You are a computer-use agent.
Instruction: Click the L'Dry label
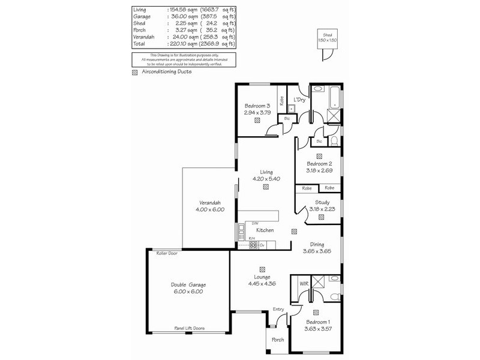click(x=299, y=100)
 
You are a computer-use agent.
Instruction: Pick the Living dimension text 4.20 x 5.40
click(x=265, y=178)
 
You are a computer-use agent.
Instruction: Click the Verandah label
click(x=209, y=202)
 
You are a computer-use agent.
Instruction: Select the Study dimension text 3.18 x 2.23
click(x=322, y=209)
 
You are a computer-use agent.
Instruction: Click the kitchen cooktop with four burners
click(x=253, y=245)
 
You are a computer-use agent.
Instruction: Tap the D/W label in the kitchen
click(x=246, y=224)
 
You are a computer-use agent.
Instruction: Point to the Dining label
click(x=317, y=244)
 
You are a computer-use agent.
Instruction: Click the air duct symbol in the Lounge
click(x=262, y=269)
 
